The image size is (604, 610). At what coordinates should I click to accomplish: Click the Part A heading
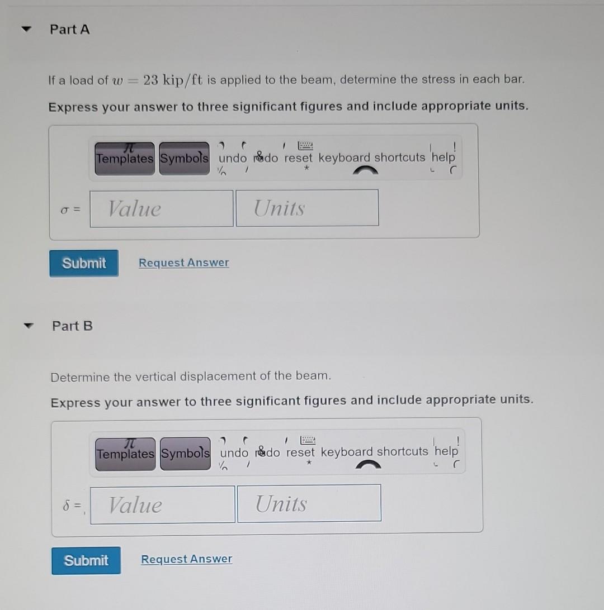69,30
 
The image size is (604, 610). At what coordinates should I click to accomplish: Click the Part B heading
72,326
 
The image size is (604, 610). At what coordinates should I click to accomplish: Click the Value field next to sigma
162,209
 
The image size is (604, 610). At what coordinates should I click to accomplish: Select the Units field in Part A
307,208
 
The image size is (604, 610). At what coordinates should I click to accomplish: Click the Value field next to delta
163,505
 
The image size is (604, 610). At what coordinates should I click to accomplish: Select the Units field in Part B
309,504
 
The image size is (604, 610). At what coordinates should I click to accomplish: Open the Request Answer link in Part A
183,263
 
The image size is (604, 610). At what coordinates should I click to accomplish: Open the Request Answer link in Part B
186,559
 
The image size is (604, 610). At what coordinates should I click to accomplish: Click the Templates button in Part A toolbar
124,159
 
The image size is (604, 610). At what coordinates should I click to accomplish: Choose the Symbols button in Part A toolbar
185,158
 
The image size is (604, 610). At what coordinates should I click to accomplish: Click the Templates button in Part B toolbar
126,454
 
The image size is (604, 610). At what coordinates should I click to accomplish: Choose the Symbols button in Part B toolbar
186,454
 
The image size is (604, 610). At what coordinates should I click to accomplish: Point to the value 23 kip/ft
173,80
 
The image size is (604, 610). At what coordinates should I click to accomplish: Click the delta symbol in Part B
66,505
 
